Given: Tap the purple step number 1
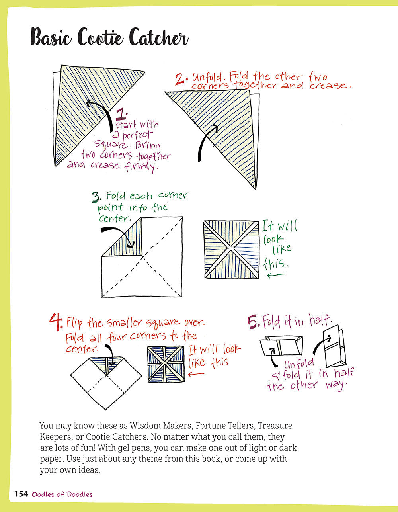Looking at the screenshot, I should (121, 115).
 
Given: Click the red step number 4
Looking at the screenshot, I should (56, 322).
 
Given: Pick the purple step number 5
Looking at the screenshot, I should (254, 322).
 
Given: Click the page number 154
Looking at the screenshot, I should (21, 494).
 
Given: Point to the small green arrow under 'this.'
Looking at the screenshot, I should (276, 275).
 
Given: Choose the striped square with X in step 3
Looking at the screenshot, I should (231, 249).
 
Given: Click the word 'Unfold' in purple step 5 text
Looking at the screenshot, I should (299, 363).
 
